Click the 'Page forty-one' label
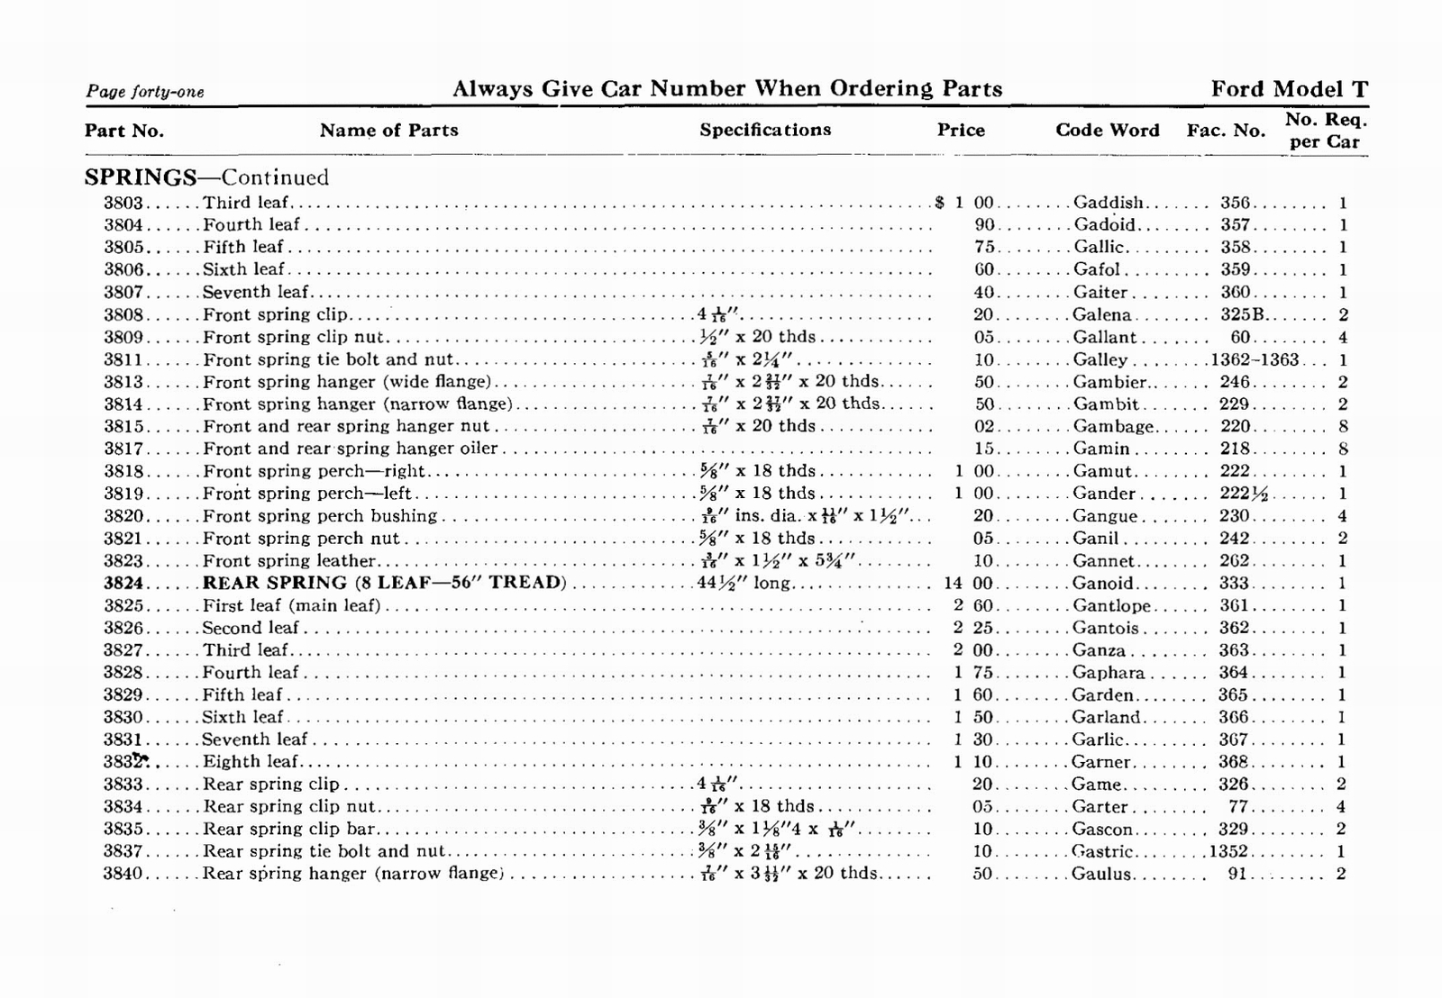click(144, 92)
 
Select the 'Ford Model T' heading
click(1289, 89)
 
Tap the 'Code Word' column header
click(1107, 130)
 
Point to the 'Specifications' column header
click(765, 130)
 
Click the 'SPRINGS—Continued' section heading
click(206, 177)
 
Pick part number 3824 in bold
click(123, 583)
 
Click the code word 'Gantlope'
click(1111, 605)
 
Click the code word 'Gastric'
click(1102, 851)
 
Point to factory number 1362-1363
click(1255, 359)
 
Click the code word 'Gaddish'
click(1108, 203)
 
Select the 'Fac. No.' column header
click(1226, 131)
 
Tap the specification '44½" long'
click(744, 583)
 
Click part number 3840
click(123, 874)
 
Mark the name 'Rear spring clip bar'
click(288, 829)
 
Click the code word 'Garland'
click(1106, 717)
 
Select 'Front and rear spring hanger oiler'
click(350, 449)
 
